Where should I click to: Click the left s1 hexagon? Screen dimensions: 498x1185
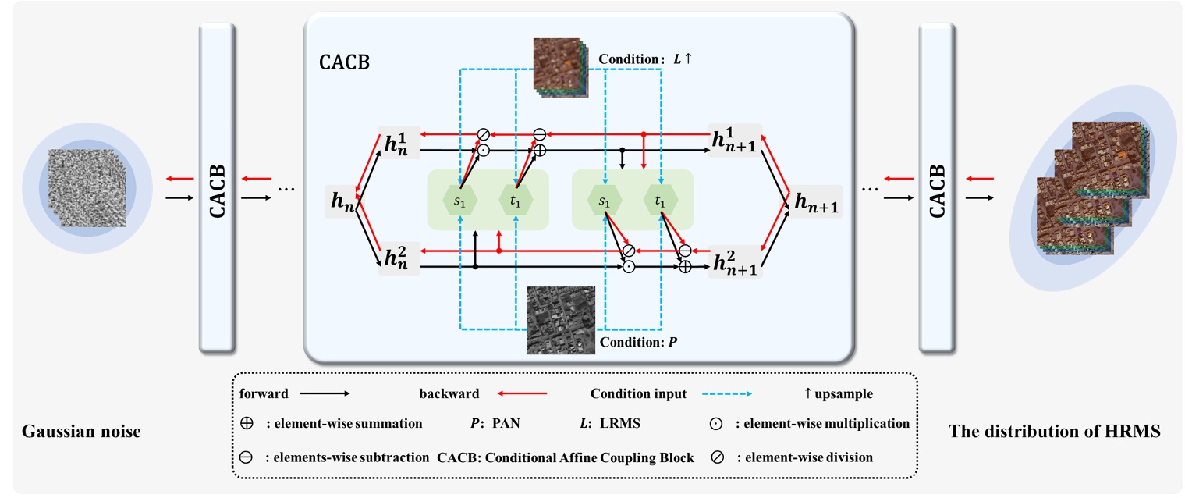tap(461, 201)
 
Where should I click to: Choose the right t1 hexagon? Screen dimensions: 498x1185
tap(660, 201)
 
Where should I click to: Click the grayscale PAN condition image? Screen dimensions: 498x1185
tap(560, 320)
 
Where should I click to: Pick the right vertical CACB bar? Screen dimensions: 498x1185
tap(938, 187)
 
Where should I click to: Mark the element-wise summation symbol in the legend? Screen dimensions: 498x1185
tap(247, 424)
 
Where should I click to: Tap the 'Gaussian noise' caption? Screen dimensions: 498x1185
tap(82, 430)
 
